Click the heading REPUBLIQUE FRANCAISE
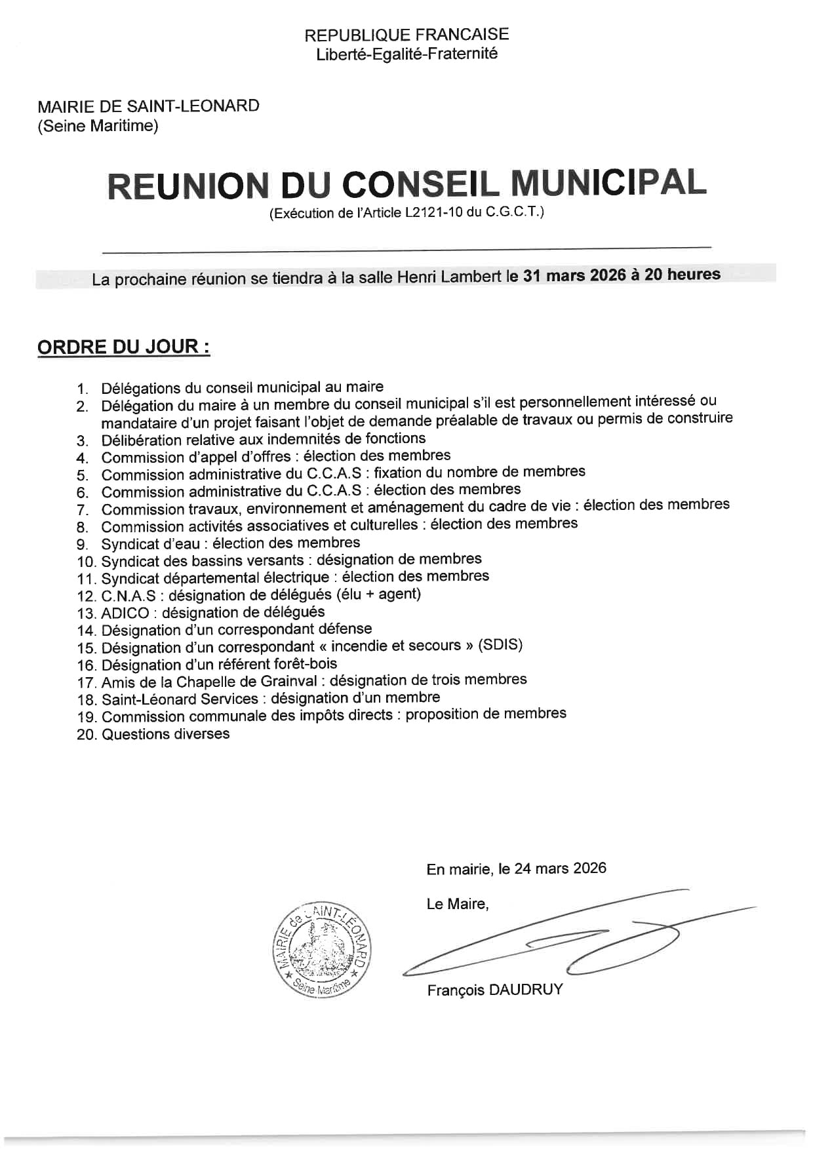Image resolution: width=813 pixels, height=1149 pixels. pyautogui.click(x=406, y=35)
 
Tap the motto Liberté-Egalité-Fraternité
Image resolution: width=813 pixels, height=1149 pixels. pyautogui.click(x=406, y=54)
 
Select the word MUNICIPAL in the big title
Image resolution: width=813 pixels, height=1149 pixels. pyautogui.click(x=608, y=184)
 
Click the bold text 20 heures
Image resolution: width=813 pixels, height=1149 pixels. pyautogui.click(x=682, y=275)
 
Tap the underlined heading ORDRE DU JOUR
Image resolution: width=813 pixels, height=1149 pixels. pyautogui.click(x=123, y=347)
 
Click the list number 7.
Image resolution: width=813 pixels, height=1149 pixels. pyautogui.click(x=83, y=510)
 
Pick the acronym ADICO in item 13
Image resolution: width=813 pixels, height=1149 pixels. pyautogui.click(x=125, y=613)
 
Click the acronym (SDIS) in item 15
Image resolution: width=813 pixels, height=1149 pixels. pyautogui.click(x=500, y=645)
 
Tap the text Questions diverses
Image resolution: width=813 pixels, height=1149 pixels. pyautogui.click(x=165, y=734)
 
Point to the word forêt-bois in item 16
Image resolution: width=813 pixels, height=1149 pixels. pyautogui.click(x=304, y=664)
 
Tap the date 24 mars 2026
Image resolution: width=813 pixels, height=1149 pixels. pyautogui.click(x=560, y=868)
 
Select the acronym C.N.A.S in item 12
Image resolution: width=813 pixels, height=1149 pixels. pyautogui.click(x=129, y=596)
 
